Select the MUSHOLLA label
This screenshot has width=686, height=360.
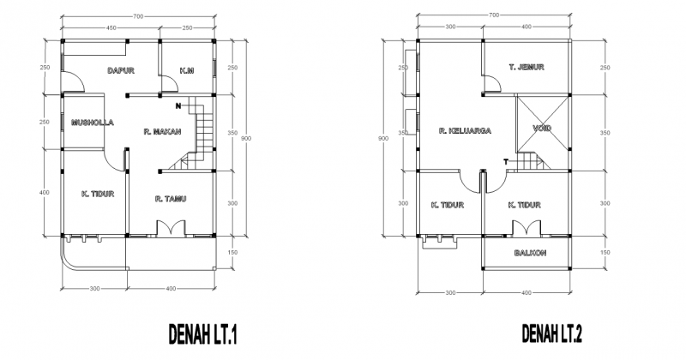[x=88, y=122]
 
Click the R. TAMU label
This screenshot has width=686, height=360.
[x=171, y=199]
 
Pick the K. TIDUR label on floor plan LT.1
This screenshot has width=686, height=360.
[x=98, y=194]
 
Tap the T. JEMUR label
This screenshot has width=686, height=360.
[x=527, y=67]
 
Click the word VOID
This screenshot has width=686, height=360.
[x=542, y=129]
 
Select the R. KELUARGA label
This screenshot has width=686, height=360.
[x=464, y=131]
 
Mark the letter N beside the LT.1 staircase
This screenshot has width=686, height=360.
[x=177, y=106]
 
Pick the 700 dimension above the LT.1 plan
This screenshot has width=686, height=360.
[x=137, y=15]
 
